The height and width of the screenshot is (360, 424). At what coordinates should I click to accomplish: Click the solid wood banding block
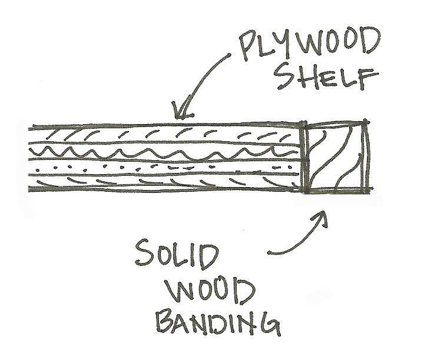click(x=335, y=158)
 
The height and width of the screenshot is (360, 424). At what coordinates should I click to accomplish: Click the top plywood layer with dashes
click(x=165, y=134)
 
